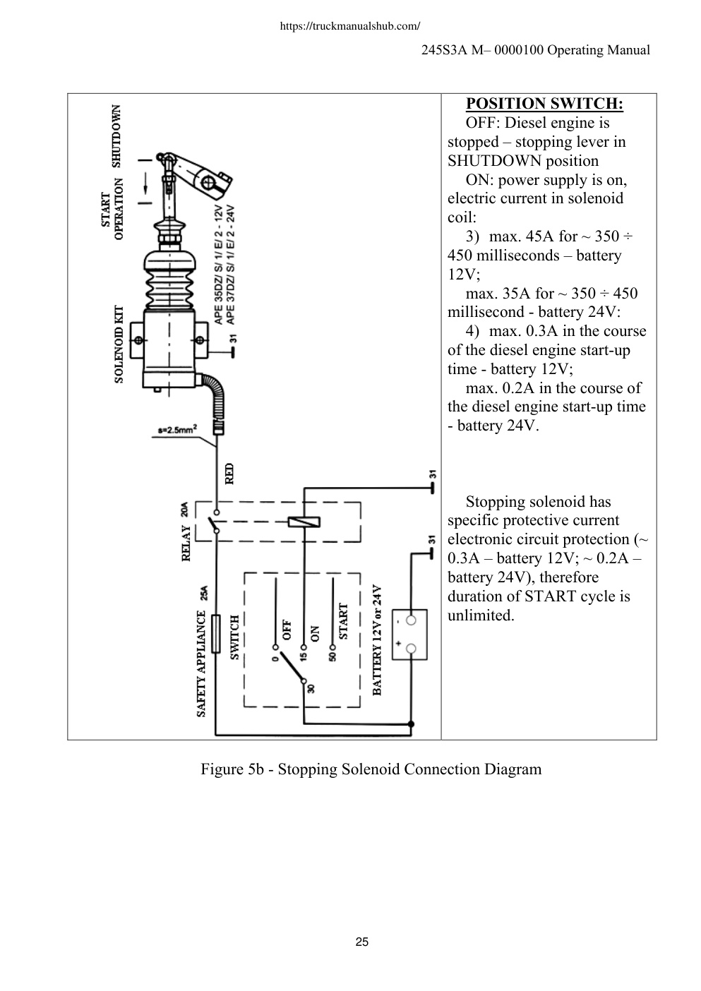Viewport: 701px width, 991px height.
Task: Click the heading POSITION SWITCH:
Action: point(544,104)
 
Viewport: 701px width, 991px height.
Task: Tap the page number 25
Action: point(361,942)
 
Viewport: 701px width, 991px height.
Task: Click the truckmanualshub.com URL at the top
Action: point(350,26)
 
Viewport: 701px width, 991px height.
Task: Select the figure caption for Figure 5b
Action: point(371,769)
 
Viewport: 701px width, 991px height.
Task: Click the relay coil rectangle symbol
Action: point(304,522)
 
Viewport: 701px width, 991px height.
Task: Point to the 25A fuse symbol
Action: point(216,634)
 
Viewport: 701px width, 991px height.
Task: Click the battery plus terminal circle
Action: point(411,649)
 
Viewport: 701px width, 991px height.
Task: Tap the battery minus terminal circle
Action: point(411,620)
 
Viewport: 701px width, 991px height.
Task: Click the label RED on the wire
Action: point(229,474)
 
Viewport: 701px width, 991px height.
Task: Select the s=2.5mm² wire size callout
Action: point(177,429)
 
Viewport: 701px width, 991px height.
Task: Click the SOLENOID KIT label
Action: point(119,344)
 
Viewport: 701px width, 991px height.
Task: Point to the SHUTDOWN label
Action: point(116,136)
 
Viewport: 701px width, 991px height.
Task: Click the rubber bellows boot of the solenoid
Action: point(169,280)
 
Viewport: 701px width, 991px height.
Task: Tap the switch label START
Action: point(343,622)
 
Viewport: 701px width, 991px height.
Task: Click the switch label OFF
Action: point(287,630)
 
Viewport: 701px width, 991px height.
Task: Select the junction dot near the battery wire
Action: point(411,724)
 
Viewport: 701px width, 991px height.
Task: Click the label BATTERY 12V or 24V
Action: point(377,640)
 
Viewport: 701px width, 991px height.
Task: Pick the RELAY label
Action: point(186,543)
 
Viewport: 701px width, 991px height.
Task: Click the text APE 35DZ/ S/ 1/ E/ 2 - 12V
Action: point(219,265)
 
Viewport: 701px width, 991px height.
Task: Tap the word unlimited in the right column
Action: point(481,615)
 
